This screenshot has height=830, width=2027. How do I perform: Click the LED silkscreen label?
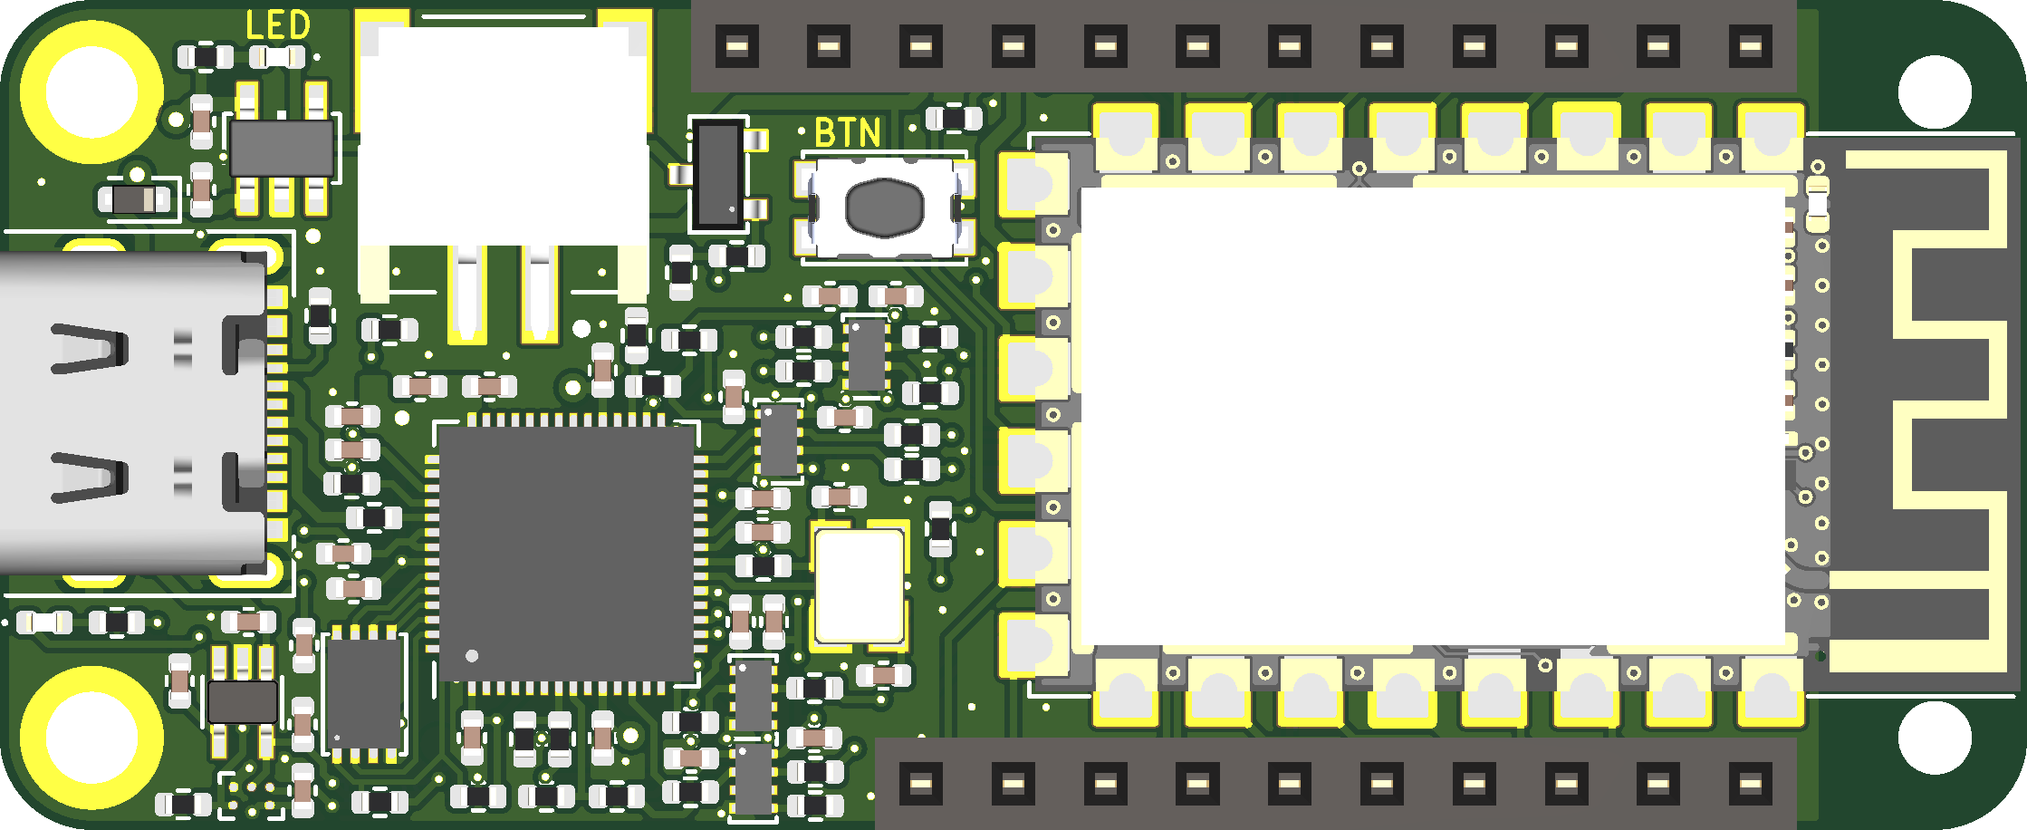coord(278,25)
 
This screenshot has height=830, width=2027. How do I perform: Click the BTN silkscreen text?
coord(848,133)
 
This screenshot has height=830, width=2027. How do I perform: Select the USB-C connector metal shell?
coord(127,412)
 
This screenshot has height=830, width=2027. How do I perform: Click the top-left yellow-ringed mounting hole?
coord(91,92)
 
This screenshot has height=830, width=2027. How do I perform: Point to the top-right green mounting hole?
coord(1934,92)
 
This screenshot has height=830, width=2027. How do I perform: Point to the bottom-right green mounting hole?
coord(1934,738)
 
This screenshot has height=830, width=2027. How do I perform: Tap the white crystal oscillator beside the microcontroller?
coord(859,585)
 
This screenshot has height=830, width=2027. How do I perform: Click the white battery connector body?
coord(503,136)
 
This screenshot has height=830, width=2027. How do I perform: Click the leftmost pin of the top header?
coord(737,45)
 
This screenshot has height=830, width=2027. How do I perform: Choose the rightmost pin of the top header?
coord(1750,45)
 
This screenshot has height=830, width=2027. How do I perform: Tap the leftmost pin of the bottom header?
coord(921,783)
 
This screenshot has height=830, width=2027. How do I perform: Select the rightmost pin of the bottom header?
coord(1750,783)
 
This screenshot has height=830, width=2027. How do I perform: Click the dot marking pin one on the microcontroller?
coord(471,655)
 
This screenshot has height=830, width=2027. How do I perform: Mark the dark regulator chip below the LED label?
coord(282,148)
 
